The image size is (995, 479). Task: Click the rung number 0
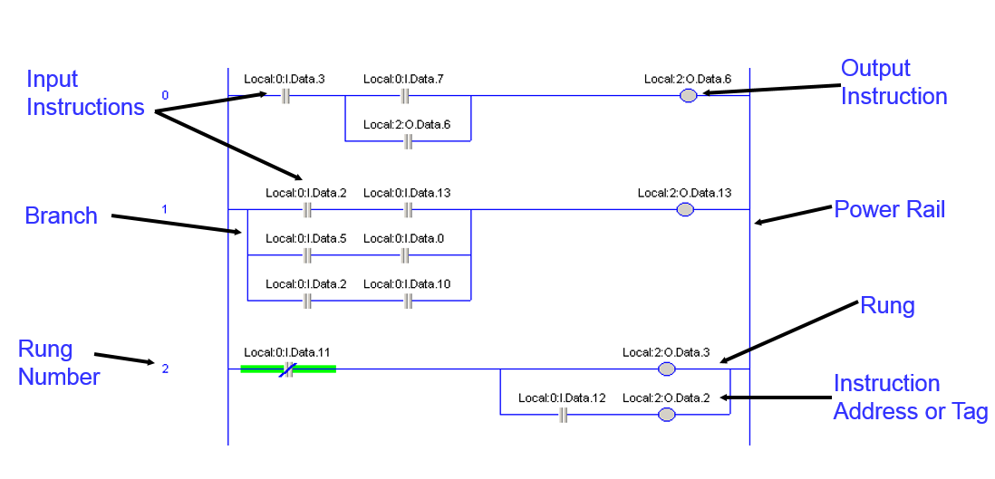point(165,96)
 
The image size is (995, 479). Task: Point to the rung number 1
point(164,208)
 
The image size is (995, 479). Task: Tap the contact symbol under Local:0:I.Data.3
point(285,97)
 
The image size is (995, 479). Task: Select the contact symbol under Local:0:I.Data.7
point(405,97)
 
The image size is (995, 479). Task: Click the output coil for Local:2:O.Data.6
point(688,96)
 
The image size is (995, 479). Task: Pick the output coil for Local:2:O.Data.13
point(685,210)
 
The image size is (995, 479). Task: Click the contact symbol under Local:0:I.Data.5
point(308,255)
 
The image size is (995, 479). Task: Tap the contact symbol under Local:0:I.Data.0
point(405,255)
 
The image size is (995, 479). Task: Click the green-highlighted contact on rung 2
point(288,369)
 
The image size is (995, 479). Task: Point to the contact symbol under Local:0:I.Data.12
point(563,416)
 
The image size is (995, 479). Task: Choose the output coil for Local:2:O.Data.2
point(666,415)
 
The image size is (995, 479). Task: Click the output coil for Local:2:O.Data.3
point(666,369)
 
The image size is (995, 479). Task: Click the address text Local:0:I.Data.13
point(407,193)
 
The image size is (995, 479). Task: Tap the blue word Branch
point(62,216)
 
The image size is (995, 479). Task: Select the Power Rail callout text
point(889,209)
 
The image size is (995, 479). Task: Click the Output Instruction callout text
point(894,81)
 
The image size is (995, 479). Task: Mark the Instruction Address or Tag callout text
point(911,398)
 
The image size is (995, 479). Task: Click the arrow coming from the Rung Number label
point(124,359)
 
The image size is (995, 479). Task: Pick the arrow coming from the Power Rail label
point(793,216)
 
